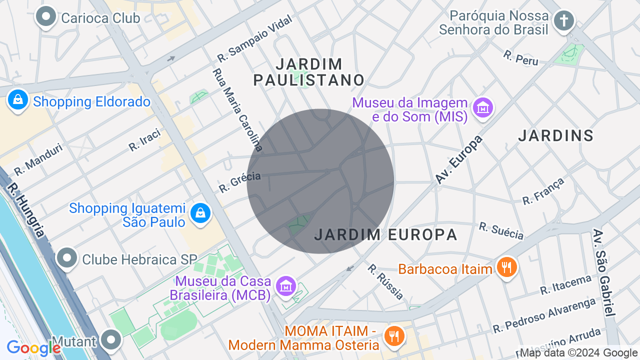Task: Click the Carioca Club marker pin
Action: (x=46, y=17)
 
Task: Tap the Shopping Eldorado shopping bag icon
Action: (x=18, y=100)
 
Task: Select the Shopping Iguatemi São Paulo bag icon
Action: (x=200, y=213)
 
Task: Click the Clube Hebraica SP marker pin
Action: (x=67, y=258)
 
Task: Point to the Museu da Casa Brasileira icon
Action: (x=285, y=286)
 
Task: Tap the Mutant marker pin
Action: (x=110, y=339)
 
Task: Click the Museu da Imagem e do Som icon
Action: (x=483, y=107)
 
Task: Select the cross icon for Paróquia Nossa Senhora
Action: (x=564, y=20)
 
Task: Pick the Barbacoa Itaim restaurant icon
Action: (x=507, y=267)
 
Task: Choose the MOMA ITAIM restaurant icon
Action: (x=394, y=335)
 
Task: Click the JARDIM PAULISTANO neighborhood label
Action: (x=309, y=72)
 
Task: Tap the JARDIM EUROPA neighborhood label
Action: (x=385, y=234)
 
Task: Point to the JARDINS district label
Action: (x=555, y=135)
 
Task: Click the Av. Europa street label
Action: (x=458, y=159)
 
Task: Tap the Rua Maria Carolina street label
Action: (x=237, y=109)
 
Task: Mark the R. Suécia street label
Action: (x=501, y=230)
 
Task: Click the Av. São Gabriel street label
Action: (x=603, y=272)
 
